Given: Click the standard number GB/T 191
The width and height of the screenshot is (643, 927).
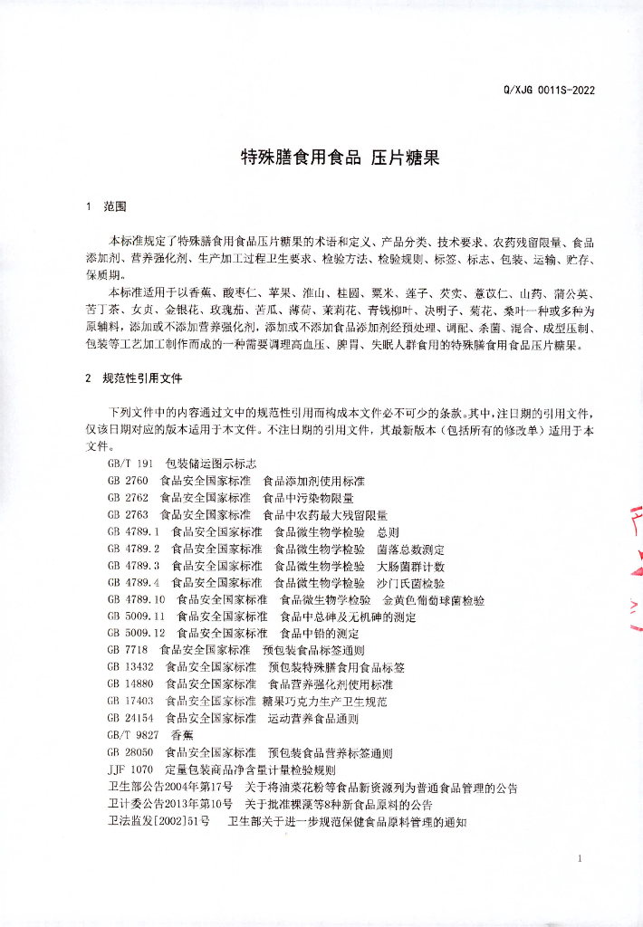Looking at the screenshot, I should [130, 463].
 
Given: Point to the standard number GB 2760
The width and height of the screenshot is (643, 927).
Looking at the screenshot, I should [128, 481].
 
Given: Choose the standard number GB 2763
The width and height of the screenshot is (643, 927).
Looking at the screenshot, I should [128, 515].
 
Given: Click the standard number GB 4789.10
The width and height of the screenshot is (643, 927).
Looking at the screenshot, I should [136, 600].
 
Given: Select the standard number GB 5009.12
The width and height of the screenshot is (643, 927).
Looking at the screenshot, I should [136, 634].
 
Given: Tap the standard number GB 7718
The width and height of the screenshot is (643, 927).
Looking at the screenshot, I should [128, 651].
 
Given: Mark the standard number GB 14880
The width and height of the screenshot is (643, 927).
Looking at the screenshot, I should [130, 684].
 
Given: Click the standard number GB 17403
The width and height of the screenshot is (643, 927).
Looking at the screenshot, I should [130, 702].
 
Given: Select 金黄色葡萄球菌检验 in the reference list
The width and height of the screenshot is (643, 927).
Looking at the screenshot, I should [434, 600].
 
